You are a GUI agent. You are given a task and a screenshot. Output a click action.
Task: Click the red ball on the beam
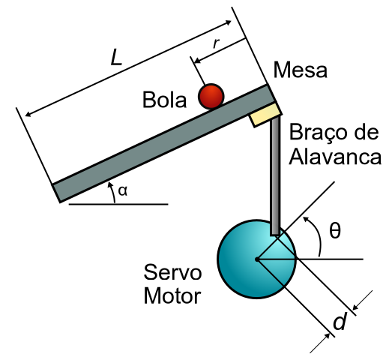211,96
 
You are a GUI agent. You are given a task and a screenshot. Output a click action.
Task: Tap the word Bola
164,100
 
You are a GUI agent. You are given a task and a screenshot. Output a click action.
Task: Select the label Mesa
301,70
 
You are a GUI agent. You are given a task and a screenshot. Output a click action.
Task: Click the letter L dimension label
115,58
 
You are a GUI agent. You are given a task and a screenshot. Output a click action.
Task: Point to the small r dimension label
216,43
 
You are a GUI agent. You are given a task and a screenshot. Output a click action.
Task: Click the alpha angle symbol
122,191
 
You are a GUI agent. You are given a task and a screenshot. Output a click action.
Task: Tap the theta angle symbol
335,230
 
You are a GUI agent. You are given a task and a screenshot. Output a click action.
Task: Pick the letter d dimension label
340,321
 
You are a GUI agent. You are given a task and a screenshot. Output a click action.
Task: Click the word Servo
172,272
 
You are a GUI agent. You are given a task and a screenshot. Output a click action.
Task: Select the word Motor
172,296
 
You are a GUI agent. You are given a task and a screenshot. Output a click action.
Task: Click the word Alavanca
335,157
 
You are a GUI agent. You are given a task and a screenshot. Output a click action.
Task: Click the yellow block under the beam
265,115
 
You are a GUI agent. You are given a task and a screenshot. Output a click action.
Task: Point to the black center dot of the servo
257,259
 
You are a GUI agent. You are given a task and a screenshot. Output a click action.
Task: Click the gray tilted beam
163,143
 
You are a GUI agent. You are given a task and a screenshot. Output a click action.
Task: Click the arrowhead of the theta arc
305,220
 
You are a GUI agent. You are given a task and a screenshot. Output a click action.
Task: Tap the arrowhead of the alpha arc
109,184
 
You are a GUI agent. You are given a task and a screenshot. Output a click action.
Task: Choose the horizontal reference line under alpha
118,205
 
